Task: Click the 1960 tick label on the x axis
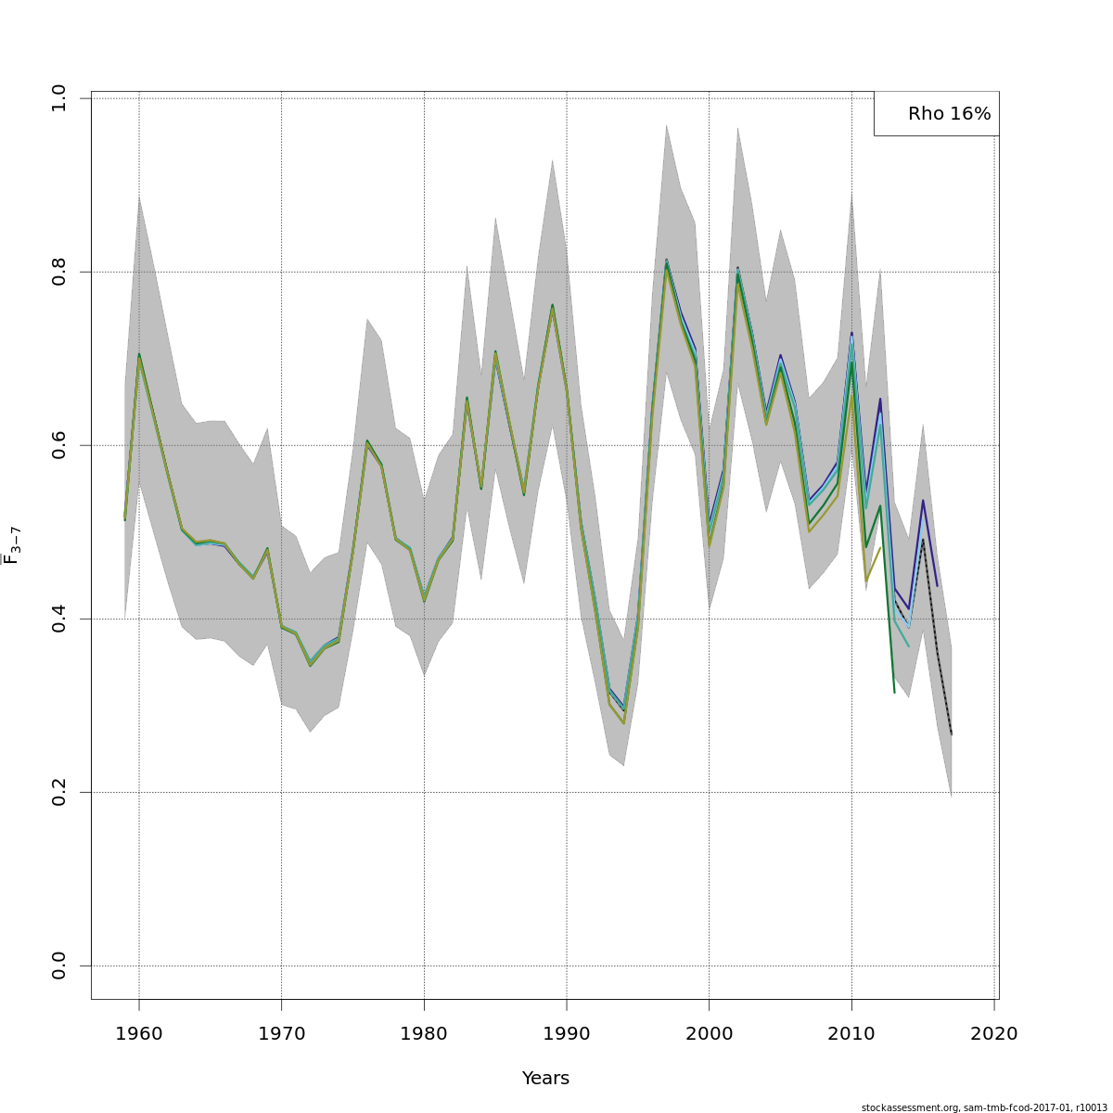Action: pyautogui.click(x=139, y=1033)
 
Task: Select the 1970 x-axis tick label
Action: pyautogui.click(x=282, y=1033)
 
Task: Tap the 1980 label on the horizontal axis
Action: pyautogui.click(x=424, y=1033)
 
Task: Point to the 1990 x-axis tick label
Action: pyautogui.click(x=567, y=1033)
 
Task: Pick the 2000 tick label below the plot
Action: pyautogui.click(x=710, y=1033)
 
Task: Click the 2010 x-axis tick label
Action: pyautogui.click(x=851, y=1033)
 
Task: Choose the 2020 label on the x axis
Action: pyautogui.click(x=994, y=1033)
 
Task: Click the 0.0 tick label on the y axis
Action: pyautogui.click(x=59, y=966)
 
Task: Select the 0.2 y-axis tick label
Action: pyautogui.click(x=59, y=792)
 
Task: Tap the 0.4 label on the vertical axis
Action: pyautogui.click(x=59, y=619)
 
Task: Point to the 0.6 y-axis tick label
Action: pyautogui.click(x=59, y=445)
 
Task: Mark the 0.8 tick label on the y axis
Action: pyautogui.click(x=59, y=272)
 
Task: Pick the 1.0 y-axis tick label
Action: pyautogui.click(x=59, y=98)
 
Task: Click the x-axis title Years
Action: pyautogui.click(x=545, y=1078)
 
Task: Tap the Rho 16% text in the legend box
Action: pyautogui.click(x=949, y=114)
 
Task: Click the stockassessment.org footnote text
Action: pyautogui.click(x=984, y=1107)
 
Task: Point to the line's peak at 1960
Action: pyautogui.click(x=139, y=354)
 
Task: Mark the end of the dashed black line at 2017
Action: pyautogui.click(x=952, y=735)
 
